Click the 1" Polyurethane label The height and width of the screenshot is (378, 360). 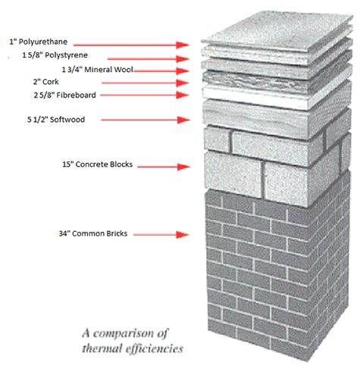point(39,42)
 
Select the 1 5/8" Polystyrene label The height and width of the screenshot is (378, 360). point(55,55)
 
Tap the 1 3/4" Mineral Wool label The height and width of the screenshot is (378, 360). point(98,70)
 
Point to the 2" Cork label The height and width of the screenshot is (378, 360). point(45,82)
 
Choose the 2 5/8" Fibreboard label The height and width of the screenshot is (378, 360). point(64,95)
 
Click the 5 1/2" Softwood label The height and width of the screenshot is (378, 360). point(56,120)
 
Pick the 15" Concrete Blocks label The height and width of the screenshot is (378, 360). point(98,164)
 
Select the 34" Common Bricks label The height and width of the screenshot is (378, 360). point(93,233)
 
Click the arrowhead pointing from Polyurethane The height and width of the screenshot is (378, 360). point(183,45)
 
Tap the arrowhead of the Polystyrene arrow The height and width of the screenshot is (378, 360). point(183,59)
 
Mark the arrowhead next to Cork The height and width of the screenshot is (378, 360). point(183,83)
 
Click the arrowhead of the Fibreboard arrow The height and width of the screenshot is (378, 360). point(183,95)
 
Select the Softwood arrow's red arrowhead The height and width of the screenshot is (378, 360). point(183,120)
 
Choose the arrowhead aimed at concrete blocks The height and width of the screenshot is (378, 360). point(184,167)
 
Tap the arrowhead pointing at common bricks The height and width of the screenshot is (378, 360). point(183,235)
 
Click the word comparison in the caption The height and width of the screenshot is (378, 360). point(124,334)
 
